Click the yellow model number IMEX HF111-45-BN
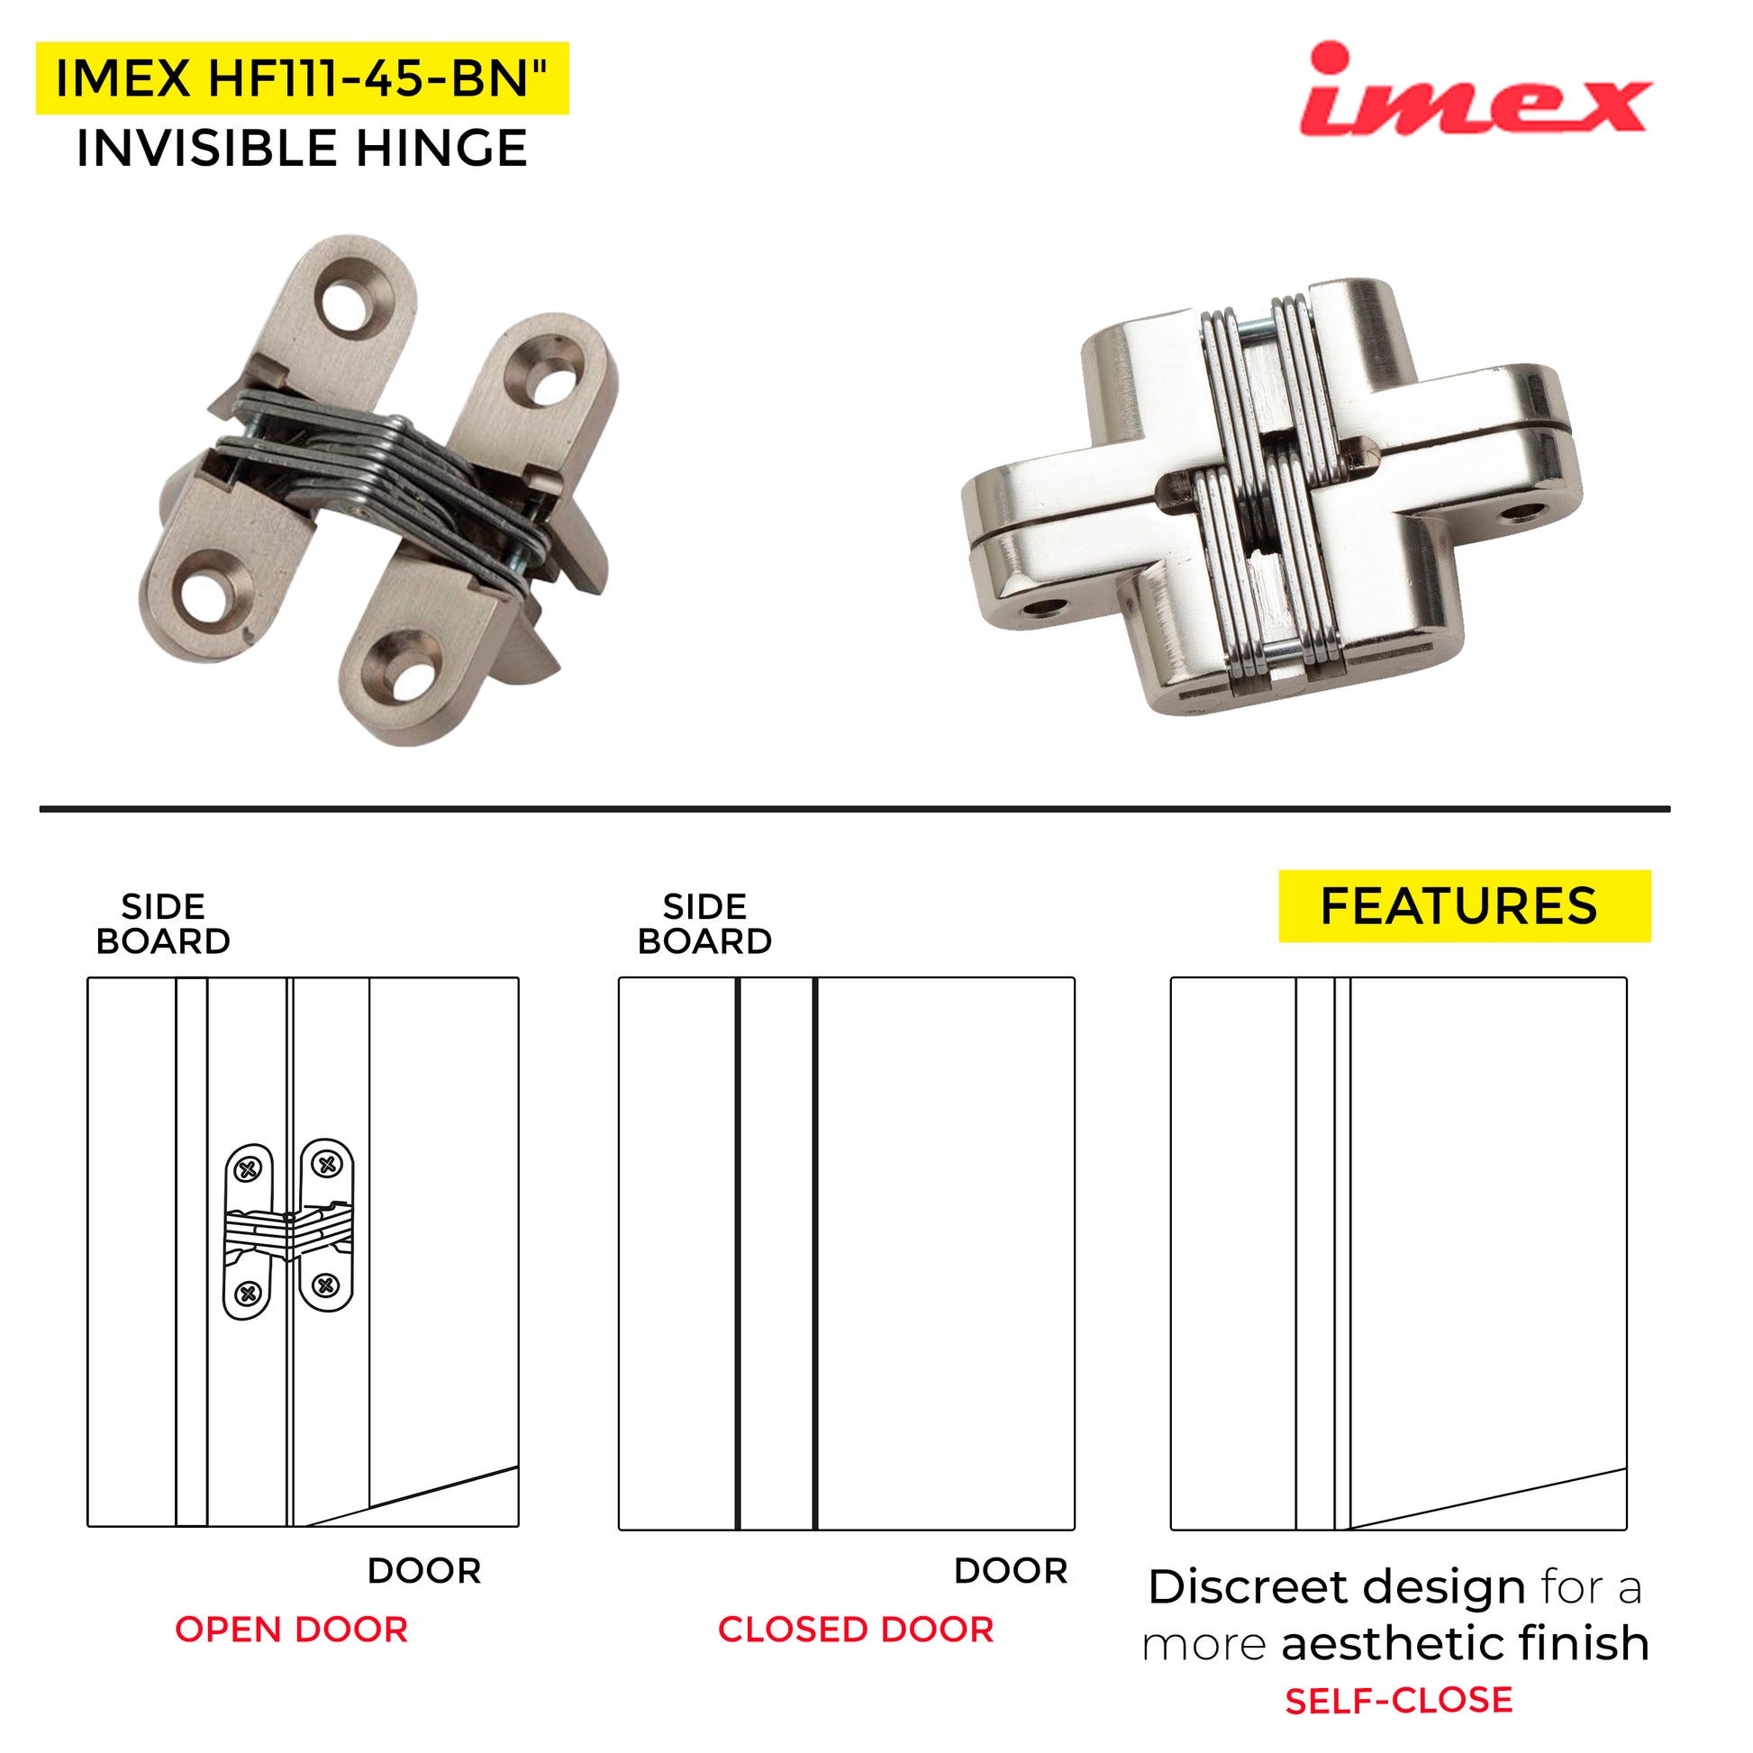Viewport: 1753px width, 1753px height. click(x=302, y=78)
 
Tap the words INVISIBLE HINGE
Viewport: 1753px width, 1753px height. click(x=302, y=148)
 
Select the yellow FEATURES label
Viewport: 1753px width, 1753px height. click(x=1465, y=905)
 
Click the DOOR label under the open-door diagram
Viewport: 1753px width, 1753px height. click(x=423, y=1571)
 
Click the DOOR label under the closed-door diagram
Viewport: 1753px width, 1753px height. click(x=1011, y=1571)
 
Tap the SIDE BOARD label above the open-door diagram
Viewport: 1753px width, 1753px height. click(x=163, y=923)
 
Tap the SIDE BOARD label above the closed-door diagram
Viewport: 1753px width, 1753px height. click(x=705, y=923)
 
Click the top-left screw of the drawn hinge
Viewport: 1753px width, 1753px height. click(x=247, y=1169)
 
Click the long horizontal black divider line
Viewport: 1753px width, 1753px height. click(x=855, y=808)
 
